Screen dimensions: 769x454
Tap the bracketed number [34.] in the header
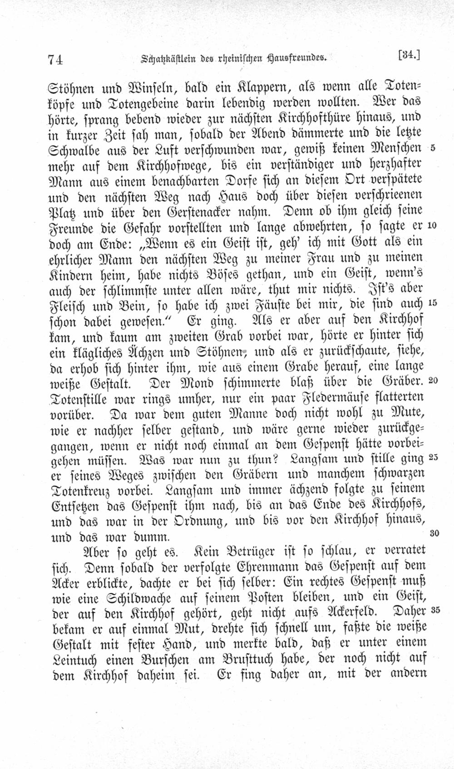410,55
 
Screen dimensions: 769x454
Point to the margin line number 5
433,148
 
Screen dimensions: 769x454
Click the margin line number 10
432,225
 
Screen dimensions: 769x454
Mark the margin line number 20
432,380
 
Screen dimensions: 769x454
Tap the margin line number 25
432,457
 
